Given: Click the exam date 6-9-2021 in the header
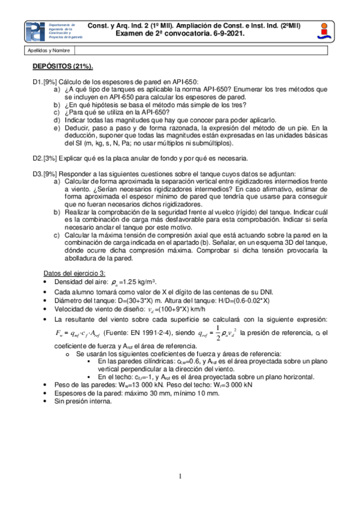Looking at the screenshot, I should pos(227,35).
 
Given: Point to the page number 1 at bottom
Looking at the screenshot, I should pos(180,478).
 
